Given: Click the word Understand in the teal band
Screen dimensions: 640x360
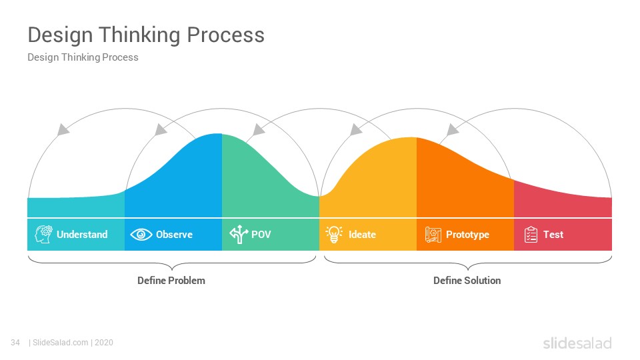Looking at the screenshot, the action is pyautogui.click(x=82, y=234).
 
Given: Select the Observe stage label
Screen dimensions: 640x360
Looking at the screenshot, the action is pyautogui.click(x=174, y=234).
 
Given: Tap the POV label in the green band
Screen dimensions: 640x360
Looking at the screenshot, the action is pyautogui.click(x=261, y=234).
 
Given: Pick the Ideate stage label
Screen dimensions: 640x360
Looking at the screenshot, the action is pyautogui.click(x=362, y=234).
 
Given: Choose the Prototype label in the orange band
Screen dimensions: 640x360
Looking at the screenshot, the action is pyautogui.click(x=467, y=235).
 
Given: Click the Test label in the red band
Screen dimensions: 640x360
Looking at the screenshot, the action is pyautogui.click(x=553, y=234).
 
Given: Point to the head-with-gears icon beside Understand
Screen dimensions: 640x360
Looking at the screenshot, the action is pyautogui.click(x=43, y=234).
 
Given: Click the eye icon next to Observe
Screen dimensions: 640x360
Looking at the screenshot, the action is pyautogui.click(x=141, y=234).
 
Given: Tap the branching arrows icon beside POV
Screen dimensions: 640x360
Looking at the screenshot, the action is pyautogui.click(x=239, y=234).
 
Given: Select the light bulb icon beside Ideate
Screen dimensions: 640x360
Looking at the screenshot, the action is pyautogui.click(x=334, y=234).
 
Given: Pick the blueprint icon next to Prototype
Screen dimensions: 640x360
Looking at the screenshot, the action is pyautogui.click(x=433, y=235).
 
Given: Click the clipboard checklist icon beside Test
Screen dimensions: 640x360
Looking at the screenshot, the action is pyautogui.click(x=531, y=235).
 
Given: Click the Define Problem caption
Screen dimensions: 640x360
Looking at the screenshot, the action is pyautogui.click(x=171, y=281).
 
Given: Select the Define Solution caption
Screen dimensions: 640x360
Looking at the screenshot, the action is pyautogui.click(x=467, y=281).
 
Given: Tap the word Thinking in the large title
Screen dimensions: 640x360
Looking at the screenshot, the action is pyautogui.click(x=139, y=35).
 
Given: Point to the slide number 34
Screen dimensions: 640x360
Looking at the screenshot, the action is pyautogui.click(x=15, y=343).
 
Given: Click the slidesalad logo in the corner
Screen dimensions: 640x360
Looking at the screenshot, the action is pyautogui.click(x=577, y=343).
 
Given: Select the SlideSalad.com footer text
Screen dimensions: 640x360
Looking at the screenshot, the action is pyautogui.click(x=61, y=343).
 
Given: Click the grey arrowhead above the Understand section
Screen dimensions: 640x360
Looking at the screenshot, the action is pyautogui.click(x=63, y=129).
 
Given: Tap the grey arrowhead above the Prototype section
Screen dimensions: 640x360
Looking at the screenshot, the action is pyautogui.click(x=452, y=130).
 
